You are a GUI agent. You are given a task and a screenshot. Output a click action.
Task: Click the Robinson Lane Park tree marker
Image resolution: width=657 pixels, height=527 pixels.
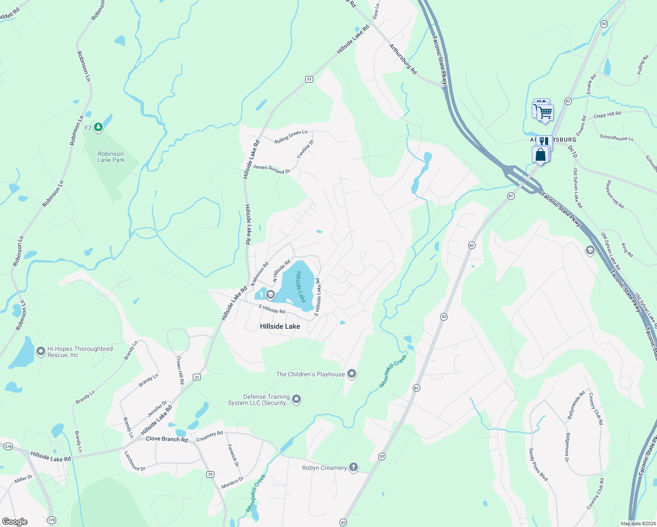98,127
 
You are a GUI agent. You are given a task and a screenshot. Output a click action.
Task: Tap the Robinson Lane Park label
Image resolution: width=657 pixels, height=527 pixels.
111,157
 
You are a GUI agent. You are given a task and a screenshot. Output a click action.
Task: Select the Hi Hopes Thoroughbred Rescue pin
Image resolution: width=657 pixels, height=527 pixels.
40,351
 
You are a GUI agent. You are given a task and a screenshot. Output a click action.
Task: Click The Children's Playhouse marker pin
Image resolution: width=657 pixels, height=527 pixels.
352,374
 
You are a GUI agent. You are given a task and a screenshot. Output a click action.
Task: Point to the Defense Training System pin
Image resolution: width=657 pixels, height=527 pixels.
296,399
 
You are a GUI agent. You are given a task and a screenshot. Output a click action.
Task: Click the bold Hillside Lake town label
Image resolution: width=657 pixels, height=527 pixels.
280,326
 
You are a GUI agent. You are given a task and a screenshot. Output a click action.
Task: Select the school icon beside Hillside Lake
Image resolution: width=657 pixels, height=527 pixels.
270,294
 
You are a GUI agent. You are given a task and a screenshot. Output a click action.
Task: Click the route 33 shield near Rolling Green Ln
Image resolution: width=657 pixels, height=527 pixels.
309,79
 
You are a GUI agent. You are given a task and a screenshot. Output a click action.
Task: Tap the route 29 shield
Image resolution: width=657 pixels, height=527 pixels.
210,474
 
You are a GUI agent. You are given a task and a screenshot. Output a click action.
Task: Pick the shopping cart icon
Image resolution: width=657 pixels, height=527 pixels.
545,112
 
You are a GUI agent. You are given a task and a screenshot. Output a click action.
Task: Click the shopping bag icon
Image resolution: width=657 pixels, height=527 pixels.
541,155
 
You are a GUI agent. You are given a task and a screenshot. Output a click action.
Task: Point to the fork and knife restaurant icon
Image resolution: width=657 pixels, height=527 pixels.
544,141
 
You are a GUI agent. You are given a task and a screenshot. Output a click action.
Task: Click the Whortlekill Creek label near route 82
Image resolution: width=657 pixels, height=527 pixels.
393,371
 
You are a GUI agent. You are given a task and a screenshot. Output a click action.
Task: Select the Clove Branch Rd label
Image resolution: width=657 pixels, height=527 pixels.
166,439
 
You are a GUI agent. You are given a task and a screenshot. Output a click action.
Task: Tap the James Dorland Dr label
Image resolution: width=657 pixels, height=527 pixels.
271,169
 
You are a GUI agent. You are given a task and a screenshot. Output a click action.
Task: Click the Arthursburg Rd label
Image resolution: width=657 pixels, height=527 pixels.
403,59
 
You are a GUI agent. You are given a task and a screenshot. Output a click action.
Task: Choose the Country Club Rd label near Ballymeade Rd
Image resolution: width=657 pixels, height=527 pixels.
596,409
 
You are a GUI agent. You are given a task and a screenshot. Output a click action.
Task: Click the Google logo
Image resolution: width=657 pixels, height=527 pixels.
15,522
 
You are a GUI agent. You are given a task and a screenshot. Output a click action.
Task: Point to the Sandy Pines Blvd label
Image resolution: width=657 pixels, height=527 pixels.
538,464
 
